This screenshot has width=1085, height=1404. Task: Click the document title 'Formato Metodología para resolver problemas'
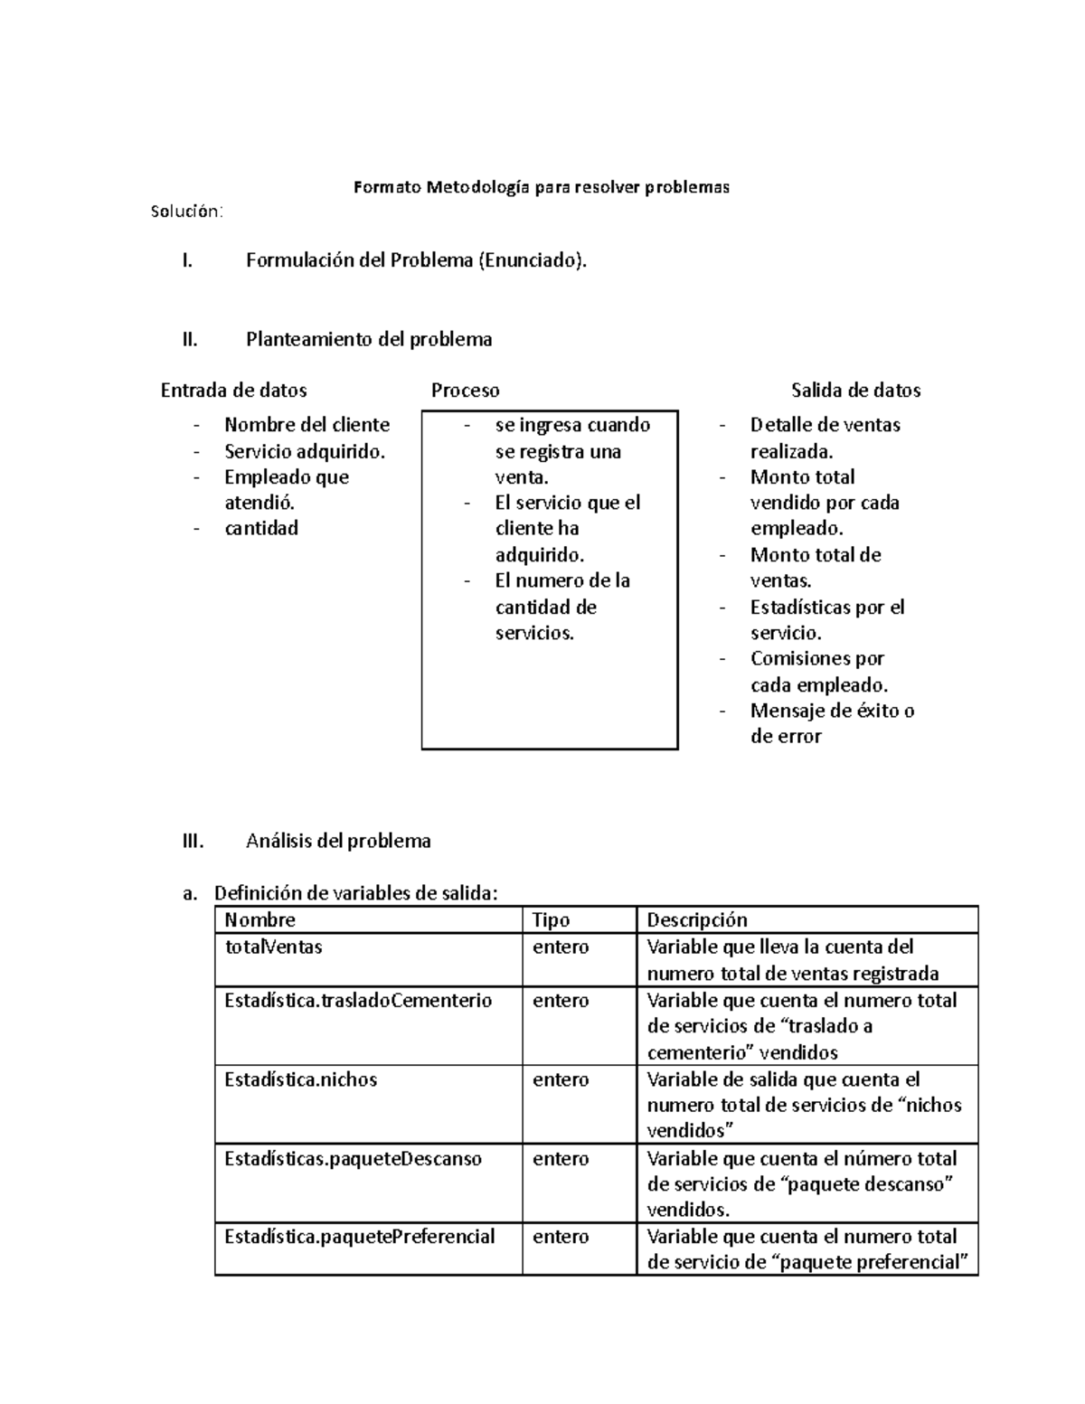pos(541,188)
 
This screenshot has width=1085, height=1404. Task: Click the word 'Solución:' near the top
pos(185,212)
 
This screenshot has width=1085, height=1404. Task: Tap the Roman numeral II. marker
pos(189,340)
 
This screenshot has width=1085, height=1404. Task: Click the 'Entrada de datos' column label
pos(233,391)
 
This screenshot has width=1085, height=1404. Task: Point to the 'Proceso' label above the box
pos(465,391)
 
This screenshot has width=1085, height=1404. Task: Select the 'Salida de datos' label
pos(855,391)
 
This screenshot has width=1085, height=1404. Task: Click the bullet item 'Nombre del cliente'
pos(307,425)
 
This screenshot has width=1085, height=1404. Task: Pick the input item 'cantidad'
pos(260,528)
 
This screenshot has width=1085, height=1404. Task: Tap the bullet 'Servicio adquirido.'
pos(305,451)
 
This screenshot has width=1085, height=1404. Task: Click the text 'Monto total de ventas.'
pos(815,568)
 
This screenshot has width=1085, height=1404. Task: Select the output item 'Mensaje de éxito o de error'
pos(831,723)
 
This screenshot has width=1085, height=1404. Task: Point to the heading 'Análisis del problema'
pos(338,842)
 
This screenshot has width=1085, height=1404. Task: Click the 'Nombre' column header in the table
pos(259,920)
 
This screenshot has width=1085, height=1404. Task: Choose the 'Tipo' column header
pos(551,920)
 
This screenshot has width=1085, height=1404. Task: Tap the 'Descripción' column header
pos(696,920)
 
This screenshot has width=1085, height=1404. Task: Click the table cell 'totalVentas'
pos(273,947)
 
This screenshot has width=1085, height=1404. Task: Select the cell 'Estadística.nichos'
pos(300,1079)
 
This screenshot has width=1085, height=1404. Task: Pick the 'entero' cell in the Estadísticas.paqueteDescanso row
pos(561,1159)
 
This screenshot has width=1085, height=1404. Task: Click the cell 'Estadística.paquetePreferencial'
pos(359,1237)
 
